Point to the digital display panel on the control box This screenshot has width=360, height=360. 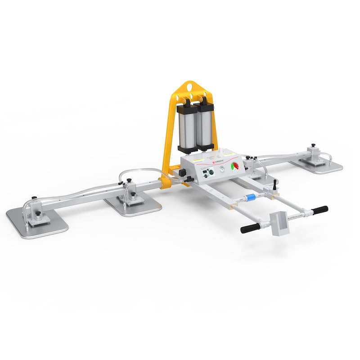pos(207,172)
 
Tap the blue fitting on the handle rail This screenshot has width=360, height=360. pos(252,197)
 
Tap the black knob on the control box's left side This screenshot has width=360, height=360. pos(183,173)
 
